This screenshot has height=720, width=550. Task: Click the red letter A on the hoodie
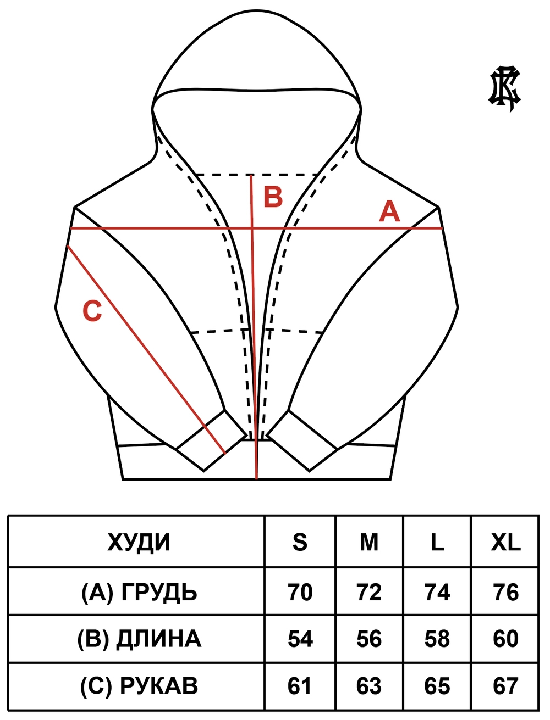coord(389,211)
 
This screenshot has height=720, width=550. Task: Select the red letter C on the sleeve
coord(92,311)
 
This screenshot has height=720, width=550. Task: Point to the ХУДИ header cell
coord(139,552)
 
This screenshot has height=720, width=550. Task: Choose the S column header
coord(300,552)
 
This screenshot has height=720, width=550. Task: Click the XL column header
coord(505,552)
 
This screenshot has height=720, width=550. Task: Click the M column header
coord(369,552)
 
